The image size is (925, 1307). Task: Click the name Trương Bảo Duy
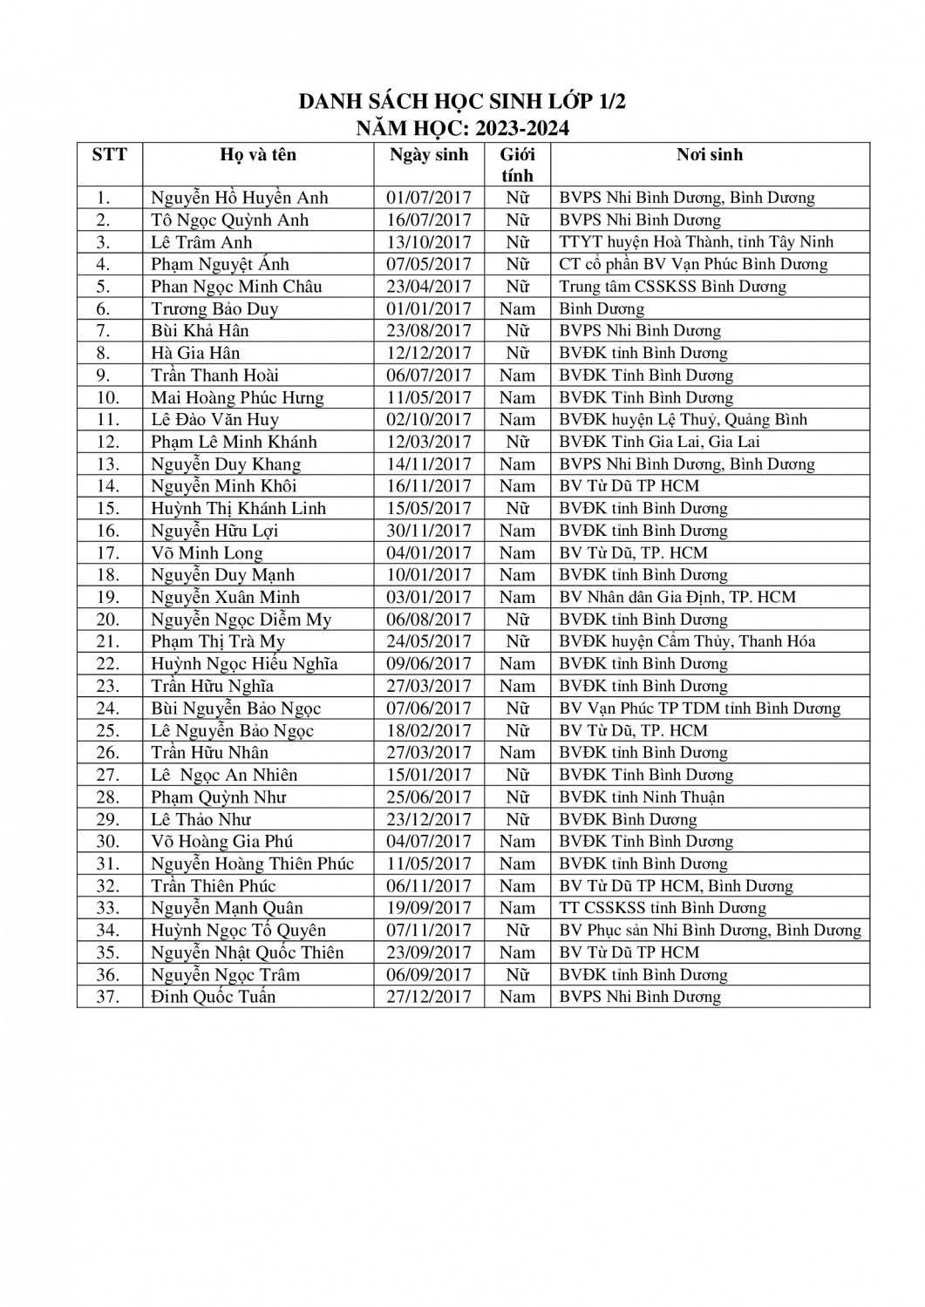pyautogui.click(x=214, y=308)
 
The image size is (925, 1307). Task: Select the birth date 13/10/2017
pyautogui.click(x=428, y=242)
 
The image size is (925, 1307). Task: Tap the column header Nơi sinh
pyautogui.click(x=710, y=155)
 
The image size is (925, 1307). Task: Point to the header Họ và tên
pyautogui.click(x=258, y=155)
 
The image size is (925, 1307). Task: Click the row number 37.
pyautogui.click(x=108, y=997)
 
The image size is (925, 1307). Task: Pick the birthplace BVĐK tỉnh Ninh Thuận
pyautogui.click(x=642, y=797)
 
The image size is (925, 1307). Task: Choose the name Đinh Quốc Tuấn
pyautogui.click(x=213, y=997)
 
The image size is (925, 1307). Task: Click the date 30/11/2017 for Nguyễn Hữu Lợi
pyautogui.click(x=428, y=531)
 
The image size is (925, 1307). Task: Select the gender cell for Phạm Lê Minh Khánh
pyautogui.click(x=517, y=442)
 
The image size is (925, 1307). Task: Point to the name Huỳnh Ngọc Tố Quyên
pyautogui.click(x=238, y=931)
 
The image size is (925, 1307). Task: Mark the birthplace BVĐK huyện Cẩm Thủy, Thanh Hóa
pyautogui.click(x=687, y=641)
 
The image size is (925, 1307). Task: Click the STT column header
pyautogui.click(x=109, y=155)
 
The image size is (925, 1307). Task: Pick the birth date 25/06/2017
pyautogui.click(x=428, y=797)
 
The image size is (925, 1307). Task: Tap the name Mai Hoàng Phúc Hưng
pyautogui.click(x=237, y=397)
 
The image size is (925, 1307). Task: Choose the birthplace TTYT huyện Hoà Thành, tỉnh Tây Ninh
pyautogui.click(x=696, y=242)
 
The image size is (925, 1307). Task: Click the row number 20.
pyautogui.click(x=108, y=620)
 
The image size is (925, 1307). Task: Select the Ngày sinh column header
pyautogui.click(x=428, y=155)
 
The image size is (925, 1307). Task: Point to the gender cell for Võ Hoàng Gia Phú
pyautogui.click(x=517, y=842)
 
